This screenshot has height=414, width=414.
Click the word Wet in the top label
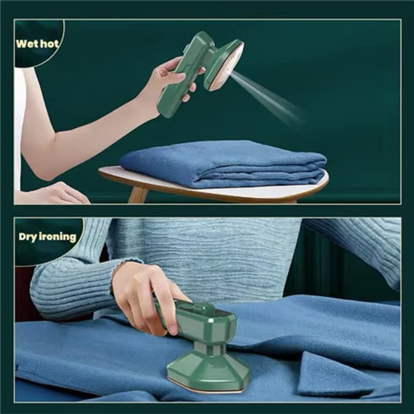coord(26,43)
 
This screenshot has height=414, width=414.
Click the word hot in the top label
coord(48,43)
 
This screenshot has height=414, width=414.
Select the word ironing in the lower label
coord(57,237)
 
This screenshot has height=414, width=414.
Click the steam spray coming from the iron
coord(267,95)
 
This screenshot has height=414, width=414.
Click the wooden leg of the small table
coord(137,194)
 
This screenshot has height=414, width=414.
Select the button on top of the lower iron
coord(202,307)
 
